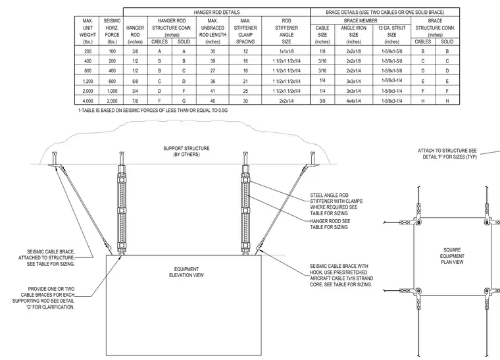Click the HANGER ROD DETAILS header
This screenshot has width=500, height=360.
[216, 12]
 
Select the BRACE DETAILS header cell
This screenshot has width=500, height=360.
[385, 12]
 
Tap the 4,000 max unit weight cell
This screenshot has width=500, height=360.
[87, 101]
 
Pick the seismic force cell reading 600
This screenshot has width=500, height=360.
[112, 82]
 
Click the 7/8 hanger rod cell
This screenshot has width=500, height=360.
[136, 101]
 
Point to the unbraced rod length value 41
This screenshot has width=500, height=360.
[213, 91]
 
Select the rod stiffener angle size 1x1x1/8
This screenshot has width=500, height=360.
[286, 51]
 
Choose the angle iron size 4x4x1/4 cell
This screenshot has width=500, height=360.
[354, 101]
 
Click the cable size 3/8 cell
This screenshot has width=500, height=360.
[322, 101]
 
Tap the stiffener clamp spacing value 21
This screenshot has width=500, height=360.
[245, 82]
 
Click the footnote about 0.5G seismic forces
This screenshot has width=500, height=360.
[153, 111]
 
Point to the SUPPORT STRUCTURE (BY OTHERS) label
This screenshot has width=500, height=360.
[187, 151]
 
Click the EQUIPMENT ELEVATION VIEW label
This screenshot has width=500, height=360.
[187, 272]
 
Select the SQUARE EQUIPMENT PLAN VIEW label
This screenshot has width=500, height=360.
[452, 256]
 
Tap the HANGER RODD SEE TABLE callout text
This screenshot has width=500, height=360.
[330, 224]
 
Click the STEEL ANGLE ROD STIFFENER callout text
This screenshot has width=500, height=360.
[336, 204]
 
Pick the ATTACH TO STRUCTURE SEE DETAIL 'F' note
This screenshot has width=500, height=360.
[447, 153]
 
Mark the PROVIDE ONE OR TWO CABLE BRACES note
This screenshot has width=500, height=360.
[43, 298]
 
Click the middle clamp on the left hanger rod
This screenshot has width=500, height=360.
[121, 211]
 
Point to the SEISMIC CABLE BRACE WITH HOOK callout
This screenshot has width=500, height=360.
[341, 275]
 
